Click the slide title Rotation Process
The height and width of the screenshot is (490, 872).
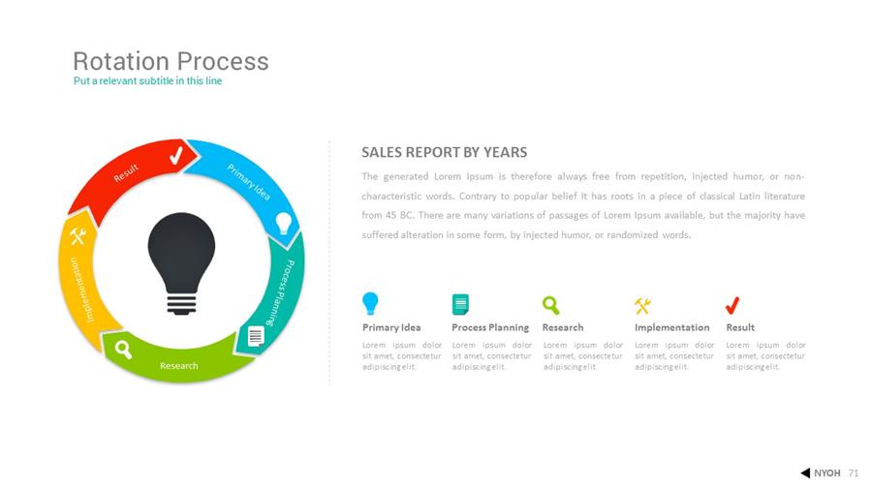tap(171, 61)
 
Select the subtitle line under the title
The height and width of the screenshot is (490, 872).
tap(148, 81)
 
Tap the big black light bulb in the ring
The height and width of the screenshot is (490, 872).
tap(181, 263)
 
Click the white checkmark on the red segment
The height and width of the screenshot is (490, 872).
tap(176, 155)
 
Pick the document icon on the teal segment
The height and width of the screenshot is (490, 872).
tap(255, 337)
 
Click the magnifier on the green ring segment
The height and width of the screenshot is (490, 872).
tap(123, 350)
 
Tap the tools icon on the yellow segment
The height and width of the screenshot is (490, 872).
tap(78, 236)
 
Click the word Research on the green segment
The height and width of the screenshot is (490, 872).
tap(179, 365)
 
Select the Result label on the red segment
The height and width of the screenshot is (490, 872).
tap(126, 173)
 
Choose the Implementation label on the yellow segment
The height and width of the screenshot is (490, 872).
tap(80, 289)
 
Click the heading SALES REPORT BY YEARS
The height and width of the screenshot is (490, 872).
tap(445, 152)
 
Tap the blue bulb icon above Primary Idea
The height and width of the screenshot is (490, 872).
tap(370, 304)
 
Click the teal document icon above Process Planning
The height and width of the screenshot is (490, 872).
tap(460, 304)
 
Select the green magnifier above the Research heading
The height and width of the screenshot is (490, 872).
tap(550, 305)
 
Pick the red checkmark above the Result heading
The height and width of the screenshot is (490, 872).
tap(732, 305)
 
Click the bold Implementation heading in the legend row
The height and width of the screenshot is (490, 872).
tap(671, 327)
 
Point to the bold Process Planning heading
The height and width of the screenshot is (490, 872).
tap(490, 327)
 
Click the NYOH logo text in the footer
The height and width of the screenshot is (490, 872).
tap(827, 474)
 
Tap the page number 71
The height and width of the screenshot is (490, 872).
tap(854, 474)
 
